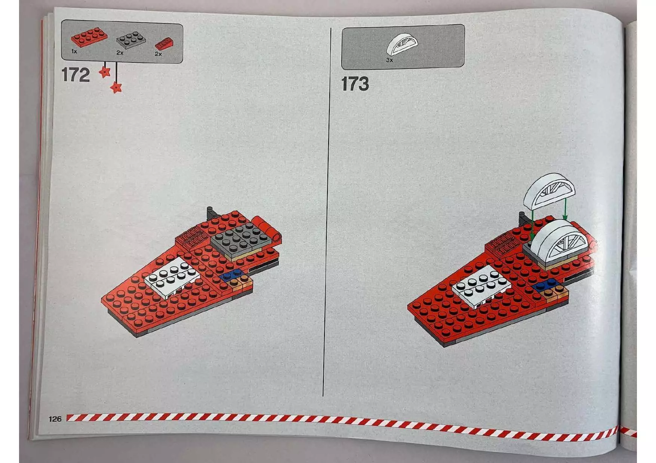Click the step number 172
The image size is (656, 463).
tap(76, 75)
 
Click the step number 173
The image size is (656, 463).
tap(355, 84)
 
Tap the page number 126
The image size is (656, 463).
tap(55, 419)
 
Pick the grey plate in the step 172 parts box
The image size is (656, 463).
tap(130, 40)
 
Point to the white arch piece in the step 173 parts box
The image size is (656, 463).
tap(402, 44)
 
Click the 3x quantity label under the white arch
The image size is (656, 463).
tap(389, 60)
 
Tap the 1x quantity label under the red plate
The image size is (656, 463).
tap(74, 52)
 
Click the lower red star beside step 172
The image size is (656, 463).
tap(117, 88)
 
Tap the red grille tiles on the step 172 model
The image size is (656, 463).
tap(191, 237)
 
